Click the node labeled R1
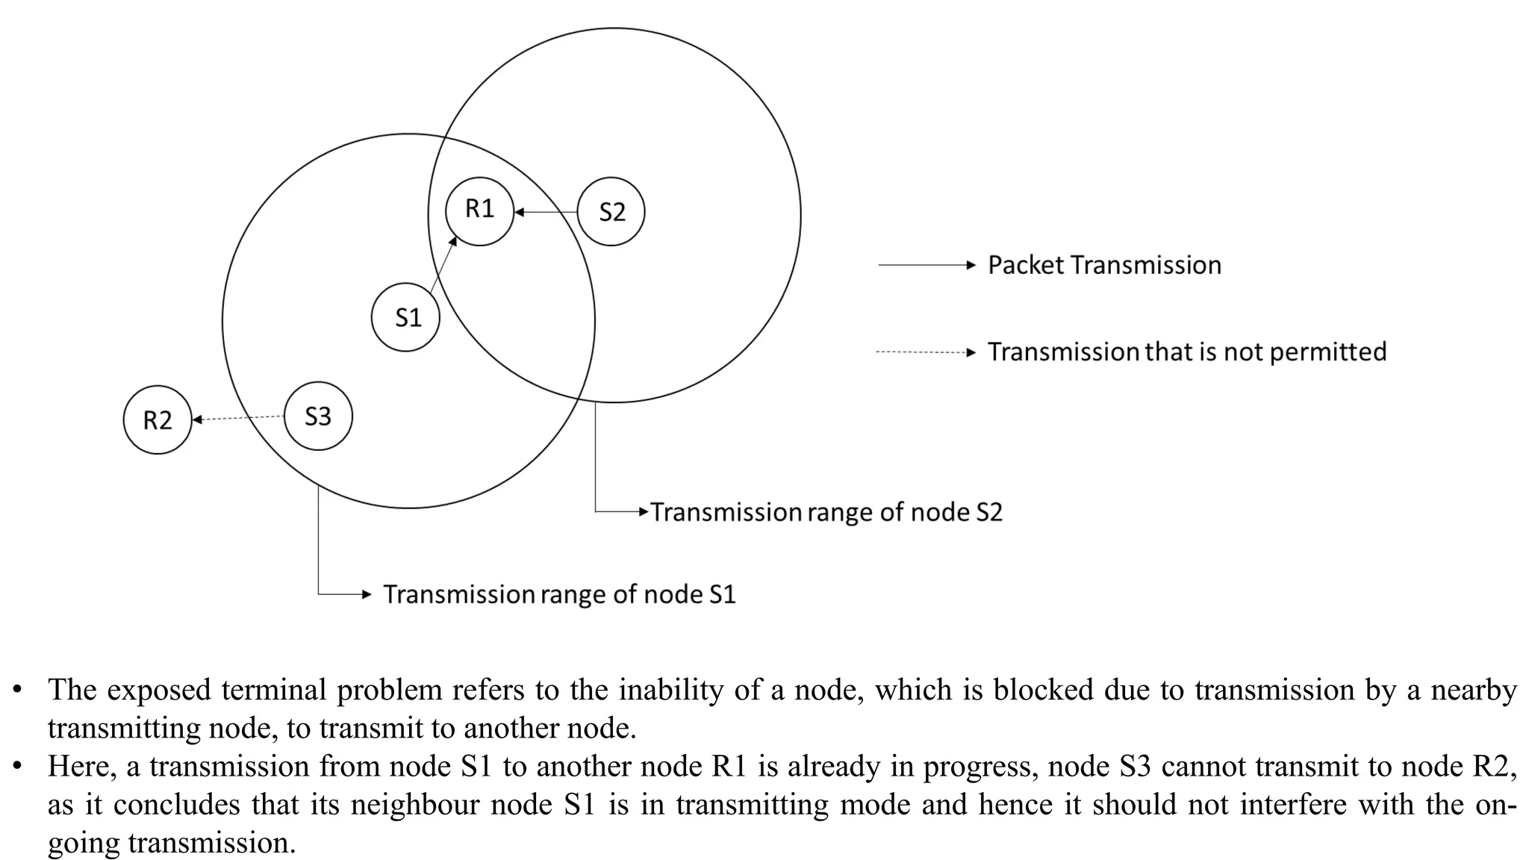[479, 211]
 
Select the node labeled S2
[611, 212]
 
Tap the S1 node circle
[406, 317]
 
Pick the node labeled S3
[318, 416]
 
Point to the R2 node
[158, 420]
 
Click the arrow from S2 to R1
[546, 212]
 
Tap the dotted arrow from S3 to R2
[238, 418]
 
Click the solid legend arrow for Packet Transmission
[927, 265]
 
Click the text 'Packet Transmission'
[1104, 265]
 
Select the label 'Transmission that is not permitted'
[1187, 352]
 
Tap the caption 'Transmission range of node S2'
[826, 512]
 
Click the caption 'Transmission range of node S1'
[559, 594]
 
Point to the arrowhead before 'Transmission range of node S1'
[367, 594]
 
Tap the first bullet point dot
[17, 689]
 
